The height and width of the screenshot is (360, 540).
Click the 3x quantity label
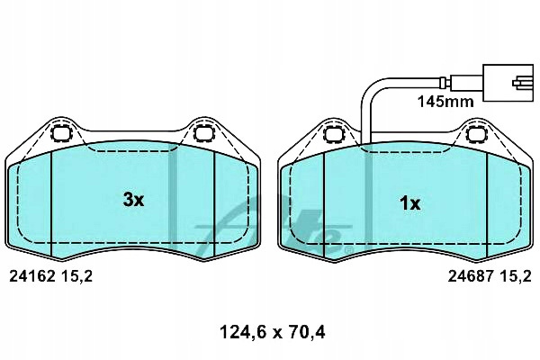(x=133, y=200)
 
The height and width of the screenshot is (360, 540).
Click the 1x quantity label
(x=409, y=203)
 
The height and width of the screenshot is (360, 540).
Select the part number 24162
(x=32, y=276)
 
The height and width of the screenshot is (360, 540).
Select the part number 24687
(x=471, y=276)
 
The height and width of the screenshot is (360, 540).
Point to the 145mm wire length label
(x=445, y=102)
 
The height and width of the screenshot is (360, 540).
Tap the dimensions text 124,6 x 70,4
(x=272, y=332)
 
